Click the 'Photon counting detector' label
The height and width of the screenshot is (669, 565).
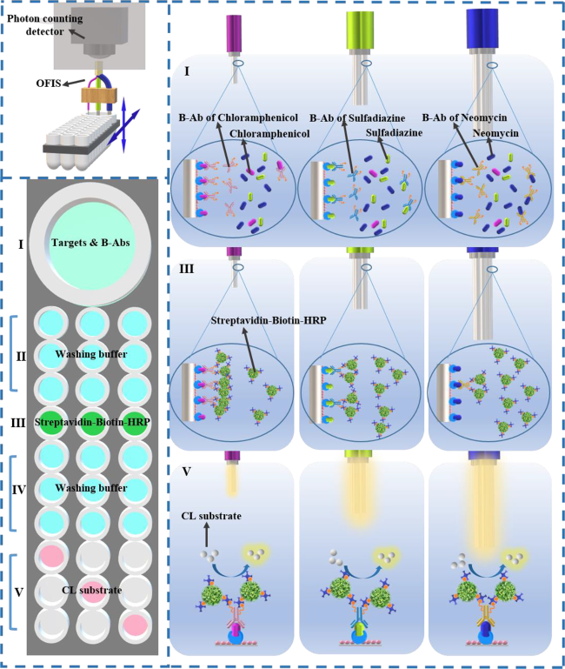pos(45,24)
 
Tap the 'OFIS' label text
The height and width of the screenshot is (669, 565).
pos(49,84)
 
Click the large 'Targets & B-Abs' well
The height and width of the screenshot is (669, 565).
pos(90,244)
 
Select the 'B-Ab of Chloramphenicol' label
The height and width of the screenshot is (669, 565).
pos(238,117)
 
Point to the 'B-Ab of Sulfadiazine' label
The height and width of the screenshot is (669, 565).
pos(357,117)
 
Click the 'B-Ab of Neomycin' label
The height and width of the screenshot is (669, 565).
pos(464,117)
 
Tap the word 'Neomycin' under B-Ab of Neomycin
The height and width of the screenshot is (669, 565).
pos(495,133)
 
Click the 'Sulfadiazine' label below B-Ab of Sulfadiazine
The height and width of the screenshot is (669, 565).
pos(394,133)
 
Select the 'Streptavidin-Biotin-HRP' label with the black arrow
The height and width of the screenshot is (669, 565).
pos(269,320)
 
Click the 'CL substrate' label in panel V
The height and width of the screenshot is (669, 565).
pos(211,516)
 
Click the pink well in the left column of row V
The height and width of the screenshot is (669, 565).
pos(52,557)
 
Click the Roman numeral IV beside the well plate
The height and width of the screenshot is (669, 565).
pos(19,490)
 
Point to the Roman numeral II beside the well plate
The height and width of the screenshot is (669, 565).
pos(21,356)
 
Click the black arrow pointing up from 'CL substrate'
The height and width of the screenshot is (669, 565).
pos(207,536)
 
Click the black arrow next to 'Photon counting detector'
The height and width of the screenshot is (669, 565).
pos(76,34)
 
